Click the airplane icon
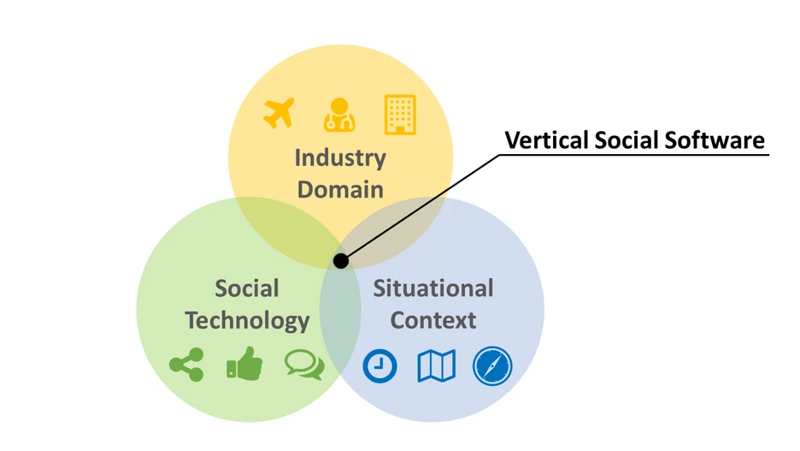coord(279,113)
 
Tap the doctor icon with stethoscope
coord(338,115)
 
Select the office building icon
coord(400,114)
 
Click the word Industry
coord(340,158)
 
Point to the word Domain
coord(340,188)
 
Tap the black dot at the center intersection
coord(341,260)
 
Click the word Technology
coord(247,321)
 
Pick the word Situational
coord(433,288)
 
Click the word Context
coord(433,321)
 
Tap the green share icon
coord(186,365)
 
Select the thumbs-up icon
coord(244,365)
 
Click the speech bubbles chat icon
coord(304,365)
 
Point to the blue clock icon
coord(379,366)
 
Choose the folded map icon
coord(436,366)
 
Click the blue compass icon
coord(492,366)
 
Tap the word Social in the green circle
coord(247,288)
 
